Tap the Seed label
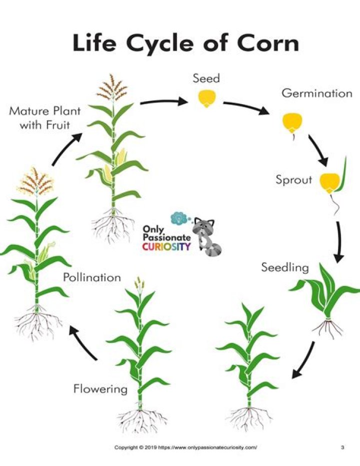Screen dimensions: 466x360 tap(206, 79)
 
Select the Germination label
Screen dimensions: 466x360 tap(316, 93)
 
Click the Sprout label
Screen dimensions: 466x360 tap(293, 180)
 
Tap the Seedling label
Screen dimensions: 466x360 tap(285, 268)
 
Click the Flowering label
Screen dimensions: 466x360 tap(100, 388)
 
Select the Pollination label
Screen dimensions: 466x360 tap(92, 277)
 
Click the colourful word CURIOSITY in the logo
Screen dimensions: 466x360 tap(166, 247)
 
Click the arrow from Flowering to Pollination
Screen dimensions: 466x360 tap(82, 342)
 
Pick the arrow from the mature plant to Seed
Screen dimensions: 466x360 tap(163, 103)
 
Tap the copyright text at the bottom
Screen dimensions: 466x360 tap(186, 447)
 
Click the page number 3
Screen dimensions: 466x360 tap(342, 447)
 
